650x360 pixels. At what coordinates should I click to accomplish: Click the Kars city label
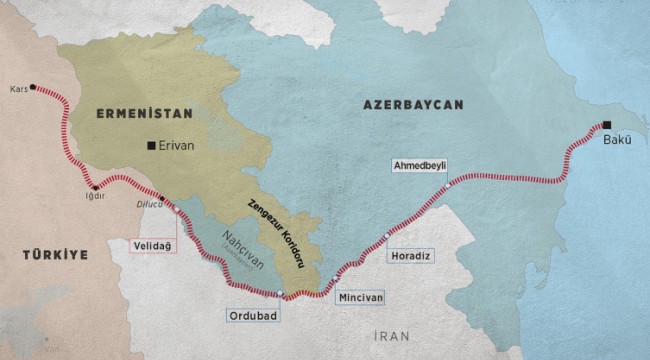(x=17, y=87)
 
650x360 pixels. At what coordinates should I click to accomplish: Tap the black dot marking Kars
(x=34, y=87)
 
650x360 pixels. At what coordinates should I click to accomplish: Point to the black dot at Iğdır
(x=95, y=187)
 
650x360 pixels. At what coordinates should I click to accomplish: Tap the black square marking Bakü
(x=606, y=126)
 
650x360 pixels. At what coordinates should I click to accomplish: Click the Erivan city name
(x=178, y=145)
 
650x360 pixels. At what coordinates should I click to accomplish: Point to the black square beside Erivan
(x=152, y=145)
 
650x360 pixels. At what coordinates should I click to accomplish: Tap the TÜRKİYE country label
(x=56, y=255)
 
